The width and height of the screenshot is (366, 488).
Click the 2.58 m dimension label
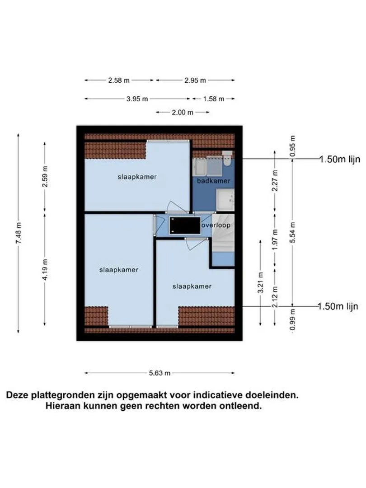(x=119, y=80)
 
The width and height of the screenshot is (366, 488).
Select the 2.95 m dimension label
(x=195, y=80)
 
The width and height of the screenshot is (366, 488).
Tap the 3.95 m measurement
(x=137, y=99)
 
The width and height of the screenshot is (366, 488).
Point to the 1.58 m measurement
(x=213, y=99)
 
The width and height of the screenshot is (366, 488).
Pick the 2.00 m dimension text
(x=182, y=113)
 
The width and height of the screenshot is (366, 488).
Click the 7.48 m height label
(x=19, y=233)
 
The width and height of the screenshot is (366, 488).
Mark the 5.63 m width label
(x=160, y=373)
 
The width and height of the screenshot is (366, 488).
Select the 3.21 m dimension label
(x=260, y=282)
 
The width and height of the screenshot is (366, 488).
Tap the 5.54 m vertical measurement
(x=293, y=233)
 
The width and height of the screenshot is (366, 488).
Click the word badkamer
(x=213, y=181)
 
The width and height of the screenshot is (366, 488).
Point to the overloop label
(x=216, y=225)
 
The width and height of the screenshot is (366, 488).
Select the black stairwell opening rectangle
(x=185, y=225)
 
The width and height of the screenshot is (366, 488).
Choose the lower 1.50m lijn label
(x=338, y=306)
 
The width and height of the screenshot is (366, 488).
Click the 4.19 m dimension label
(x=45, y=269)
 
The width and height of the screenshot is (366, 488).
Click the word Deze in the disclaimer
(x=17, y=395)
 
